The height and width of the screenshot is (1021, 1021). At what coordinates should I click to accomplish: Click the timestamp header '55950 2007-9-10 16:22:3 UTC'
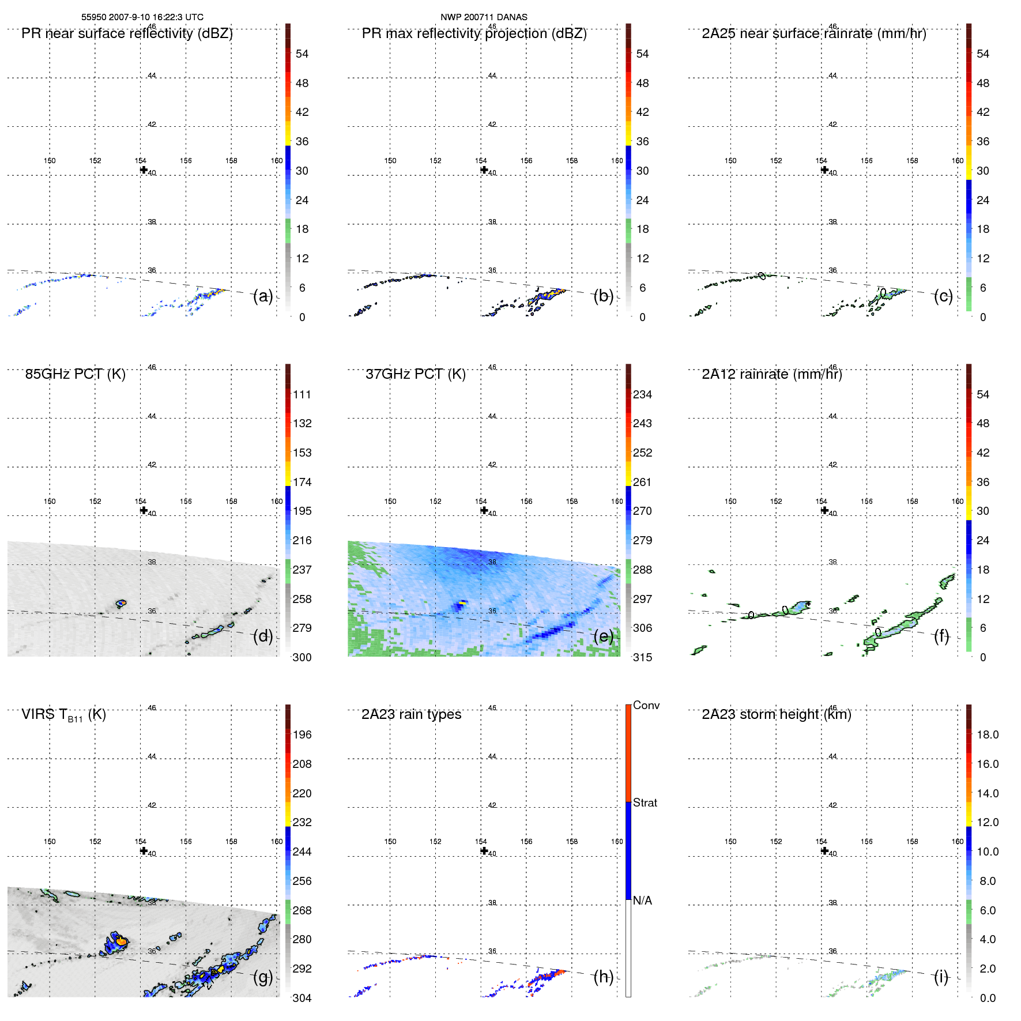click(x=142, y=17)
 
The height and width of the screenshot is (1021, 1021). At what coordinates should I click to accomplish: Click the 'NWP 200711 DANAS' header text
click(x=484, y=17)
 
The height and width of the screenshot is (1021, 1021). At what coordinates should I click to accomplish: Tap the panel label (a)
click(x=263, y=296)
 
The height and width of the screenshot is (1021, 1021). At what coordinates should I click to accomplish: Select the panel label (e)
click(x=604, y=636)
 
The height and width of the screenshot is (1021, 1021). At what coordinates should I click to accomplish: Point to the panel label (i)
click(x=941, y=977)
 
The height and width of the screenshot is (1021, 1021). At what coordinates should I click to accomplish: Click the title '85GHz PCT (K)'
click(x=75, y=374)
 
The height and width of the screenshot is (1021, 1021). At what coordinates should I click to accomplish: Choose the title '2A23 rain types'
click(x=411, y=714)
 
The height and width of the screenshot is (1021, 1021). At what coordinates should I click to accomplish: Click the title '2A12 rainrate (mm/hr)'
click(x=771, y=374)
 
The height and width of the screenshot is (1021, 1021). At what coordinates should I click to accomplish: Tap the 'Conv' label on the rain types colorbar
click(x=646, y=705)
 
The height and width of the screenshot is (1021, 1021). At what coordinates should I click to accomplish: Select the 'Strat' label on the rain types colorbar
click(x=645, y=803)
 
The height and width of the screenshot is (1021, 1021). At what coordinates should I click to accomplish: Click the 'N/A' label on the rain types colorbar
click(x=642, y=901)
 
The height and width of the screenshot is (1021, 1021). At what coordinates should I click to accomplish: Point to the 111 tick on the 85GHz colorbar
click(x=302, y=394)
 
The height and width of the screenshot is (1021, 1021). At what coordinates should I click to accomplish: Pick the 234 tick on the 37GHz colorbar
click(x=642, y=394)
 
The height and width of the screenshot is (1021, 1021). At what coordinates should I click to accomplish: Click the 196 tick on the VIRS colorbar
click(x=302, y=734)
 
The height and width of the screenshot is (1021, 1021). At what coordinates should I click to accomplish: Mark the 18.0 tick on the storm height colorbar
click(x=987, y=734)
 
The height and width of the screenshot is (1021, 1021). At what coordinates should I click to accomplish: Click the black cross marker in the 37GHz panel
click(x=484, y=510)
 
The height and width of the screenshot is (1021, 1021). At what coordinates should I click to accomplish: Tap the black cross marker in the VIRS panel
click(x=144, y=850)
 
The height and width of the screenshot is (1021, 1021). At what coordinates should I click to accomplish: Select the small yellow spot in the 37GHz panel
click(x=461, y=603)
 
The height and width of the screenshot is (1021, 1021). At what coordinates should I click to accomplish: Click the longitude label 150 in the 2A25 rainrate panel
click(x=730, y=161)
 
